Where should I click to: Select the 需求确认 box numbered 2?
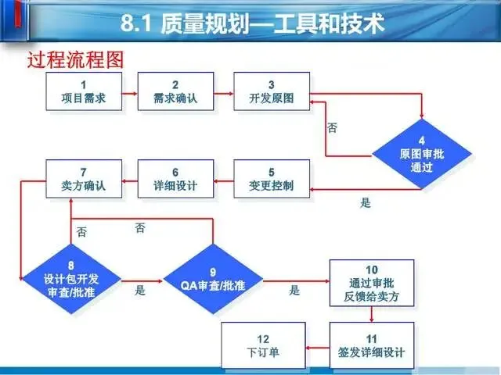tap(175, 91)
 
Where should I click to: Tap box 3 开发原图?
tap(271, 91)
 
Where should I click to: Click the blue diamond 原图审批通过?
tap(421, 148)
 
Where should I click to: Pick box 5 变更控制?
tap(271, 179)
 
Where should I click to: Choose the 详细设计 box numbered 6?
tap(175, 179)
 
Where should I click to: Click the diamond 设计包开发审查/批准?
tap(71, 279)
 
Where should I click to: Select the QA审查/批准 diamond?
tap(213, 279)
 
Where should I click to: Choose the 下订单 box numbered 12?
tap(262, 345)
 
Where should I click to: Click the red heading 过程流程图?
tap(76, 59)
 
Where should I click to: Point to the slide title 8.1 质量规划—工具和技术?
tap(253, 25)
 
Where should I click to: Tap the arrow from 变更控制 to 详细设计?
tap(223, 180)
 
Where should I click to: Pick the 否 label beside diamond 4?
tap(332, 127)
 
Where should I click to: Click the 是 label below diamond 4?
tap(365, 203)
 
